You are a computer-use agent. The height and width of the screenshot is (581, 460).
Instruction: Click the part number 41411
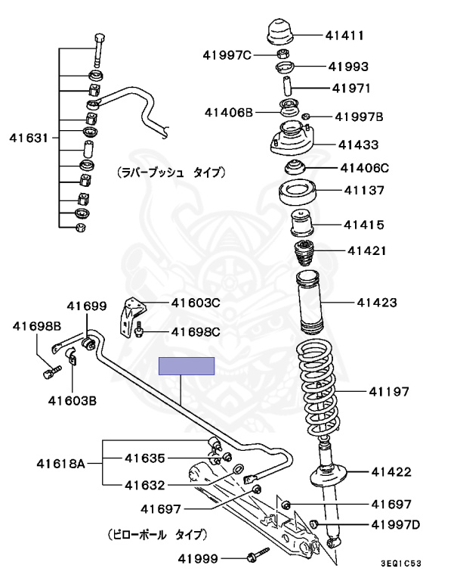pyautogui.click(x=345, y=35)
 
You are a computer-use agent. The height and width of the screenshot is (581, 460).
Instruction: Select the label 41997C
pyautogui.click(x=227, y=54)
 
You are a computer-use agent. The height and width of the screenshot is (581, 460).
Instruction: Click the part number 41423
pyautogui.click(x=376, y=303)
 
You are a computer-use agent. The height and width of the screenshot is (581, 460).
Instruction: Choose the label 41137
pyautogui.click(x=363, y=191)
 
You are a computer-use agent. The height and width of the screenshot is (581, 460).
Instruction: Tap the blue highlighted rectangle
pyautogui.click(x=186, y=366)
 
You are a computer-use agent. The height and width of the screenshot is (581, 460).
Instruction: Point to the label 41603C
pyautogui.click(x=196, y=303)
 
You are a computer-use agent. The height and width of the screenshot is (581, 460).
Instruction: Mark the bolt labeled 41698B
pyautogui.click(x=52, y=371)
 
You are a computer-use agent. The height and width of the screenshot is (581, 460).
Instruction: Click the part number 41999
pyautogui.click(x=198, y=559)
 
